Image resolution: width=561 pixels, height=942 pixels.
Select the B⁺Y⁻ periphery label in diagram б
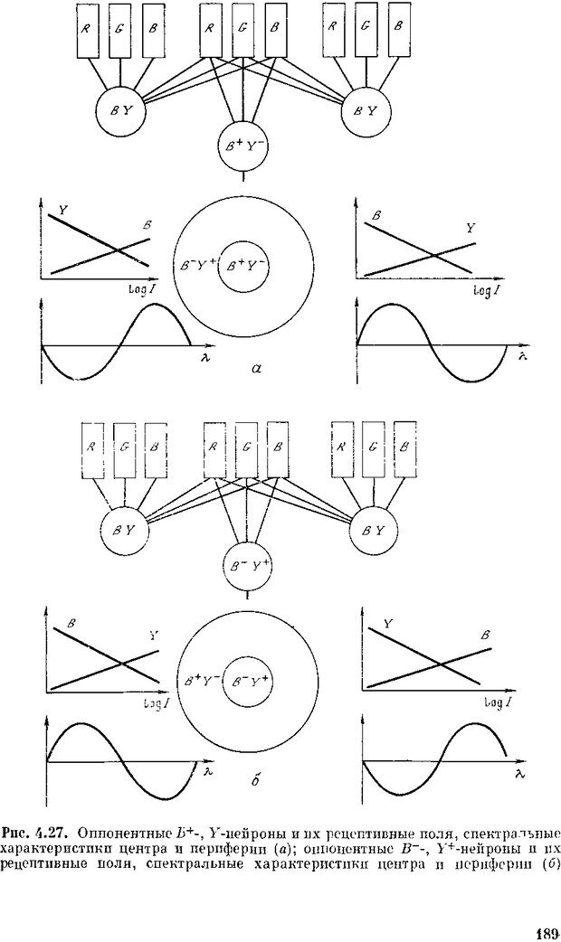pos(202,679)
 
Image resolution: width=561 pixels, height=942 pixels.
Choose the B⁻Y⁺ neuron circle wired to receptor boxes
pos(247,566)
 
